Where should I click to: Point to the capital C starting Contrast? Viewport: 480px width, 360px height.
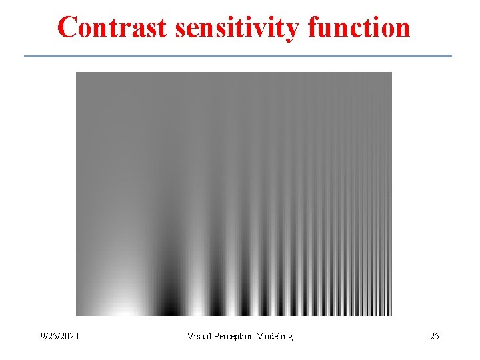point(67,27)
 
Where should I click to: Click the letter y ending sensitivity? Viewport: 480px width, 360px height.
point(289,31)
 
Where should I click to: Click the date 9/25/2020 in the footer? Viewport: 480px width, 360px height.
point(59,336)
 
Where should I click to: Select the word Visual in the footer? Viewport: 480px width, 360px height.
point(199,336)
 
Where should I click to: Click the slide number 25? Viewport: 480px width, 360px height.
point(434,336)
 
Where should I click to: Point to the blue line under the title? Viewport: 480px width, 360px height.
point(238,56)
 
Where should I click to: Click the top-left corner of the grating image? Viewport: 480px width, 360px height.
point(77,73)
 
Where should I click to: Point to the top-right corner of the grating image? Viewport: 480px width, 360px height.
point(391,73)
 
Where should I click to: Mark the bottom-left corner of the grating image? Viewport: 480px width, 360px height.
point(77,315)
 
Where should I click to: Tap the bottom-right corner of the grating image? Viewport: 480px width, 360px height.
point(391,315)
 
